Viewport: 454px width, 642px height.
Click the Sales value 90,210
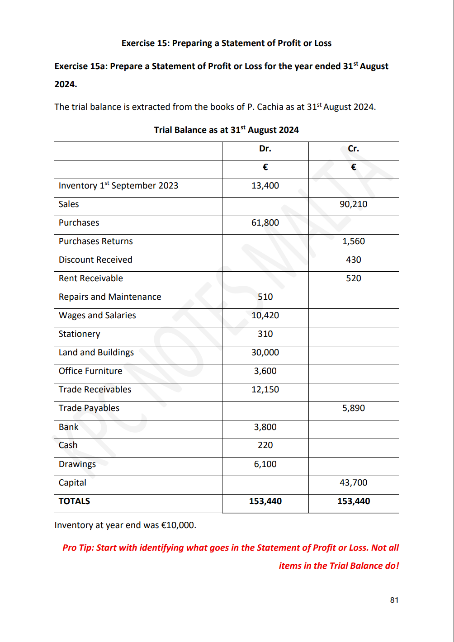tap(353, 204)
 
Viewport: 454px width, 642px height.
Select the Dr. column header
tap(265, 149)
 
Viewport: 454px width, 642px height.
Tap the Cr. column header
tap(353, 149)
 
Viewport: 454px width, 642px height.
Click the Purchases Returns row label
tap(96, 241)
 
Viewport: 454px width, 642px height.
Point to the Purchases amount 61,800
tap(265, 223)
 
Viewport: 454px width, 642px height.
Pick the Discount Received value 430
tap(353, 260)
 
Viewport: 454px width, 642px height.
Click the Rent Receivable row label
tap(91, 279)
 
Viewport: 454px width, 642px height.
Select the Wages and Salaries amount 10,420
tap(265, 316)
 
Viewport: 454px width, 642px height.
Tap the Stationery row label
tap(80, 334)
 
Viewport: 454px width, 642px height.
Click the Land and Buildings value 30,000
tap(265, 353)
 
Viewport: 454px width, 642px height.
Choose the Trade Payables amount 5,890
tap(353, 408)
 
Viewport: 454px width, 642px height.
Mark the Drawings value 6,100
tap(265, 464)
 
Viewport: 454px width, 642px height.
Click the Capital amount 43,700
tap(353, 483)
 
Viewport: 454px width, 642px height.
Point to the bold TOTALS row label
tap(74, 501)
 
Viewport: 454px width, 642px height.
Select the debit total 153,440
tap(265, 501)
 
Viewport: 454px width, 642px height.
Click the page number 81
tap(394, 600)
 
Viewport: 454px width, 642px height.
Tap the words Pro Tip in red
tap(78, 548)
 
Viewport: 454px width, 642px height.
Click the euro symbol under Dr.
tap(265, 167)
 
